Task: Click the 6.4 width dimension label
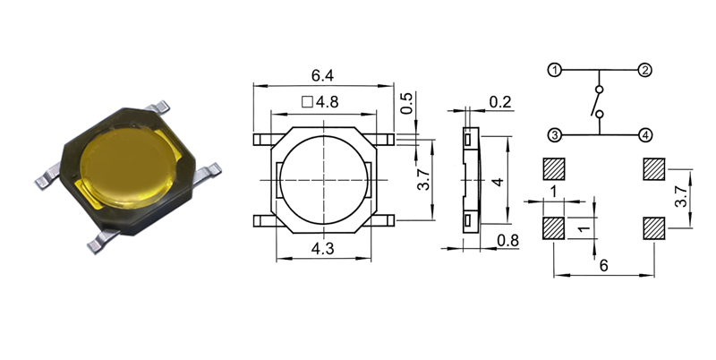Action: [322, 75]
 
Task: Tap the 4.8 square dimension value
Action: [327, 102]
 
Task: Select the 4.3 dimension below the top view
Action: [322, 249]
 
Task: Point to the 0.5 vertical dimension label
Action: [406, 103]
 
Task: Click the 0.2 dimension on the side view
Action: [500, 102]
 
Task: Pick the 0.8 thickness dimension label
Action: [507, 240]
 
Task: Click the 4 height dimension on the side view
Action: [499, 182]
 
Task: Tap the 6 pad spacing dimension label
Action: [603, 265]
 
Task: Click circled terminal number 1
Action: [554, 71]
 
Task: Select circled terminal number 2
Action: [644, 70]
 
